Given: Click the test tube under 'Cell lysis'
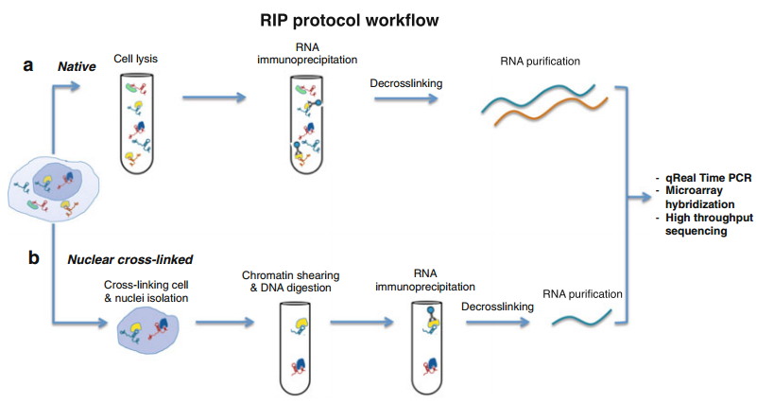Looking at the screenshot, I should coord(136,123).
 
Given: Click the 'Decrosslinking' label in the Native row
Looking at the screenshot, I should coord(408,83).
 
